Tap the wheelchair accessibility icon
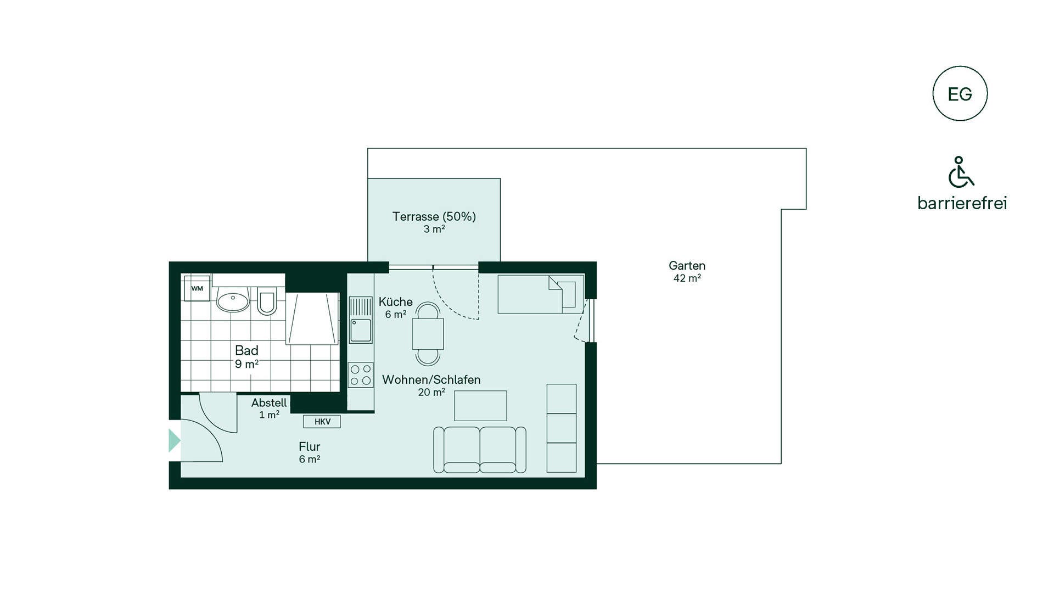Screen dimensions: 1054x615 tap(961, 172)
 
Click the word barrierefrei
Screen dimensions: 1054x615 tap(962, 203)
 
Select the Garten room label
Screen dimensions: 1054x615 tap(687, 266)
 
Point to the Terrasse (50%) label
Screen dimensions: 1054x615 tap(434, 216)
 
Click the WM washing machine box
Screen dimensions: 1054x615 tap(197, 288)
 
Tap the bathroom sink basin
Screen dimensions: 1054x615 tap(233, 300)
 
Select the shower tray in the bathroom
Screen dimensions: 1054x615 tap(312, 318)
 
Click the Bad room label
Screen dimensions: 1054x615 tap(246, 350)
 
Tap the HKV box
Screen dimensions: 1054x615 tap(322, 422)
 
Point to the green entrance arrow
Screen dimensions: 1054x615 tap(175, 440)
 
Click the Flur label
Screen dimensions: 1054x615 tap(310, 446)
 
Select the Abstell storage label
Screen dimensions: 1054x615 tap(269, 402)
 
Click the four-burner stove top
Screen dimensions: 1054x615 tap(361, 375)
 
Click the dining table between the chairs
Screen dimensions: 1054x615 tap(428, 334)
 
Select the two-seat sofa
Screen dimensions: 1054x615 tap(480, 450)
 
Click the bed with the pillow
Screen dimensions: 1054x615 tap(541, 294)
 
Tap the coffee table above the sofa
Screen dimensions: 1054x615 tap(480, 406)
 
